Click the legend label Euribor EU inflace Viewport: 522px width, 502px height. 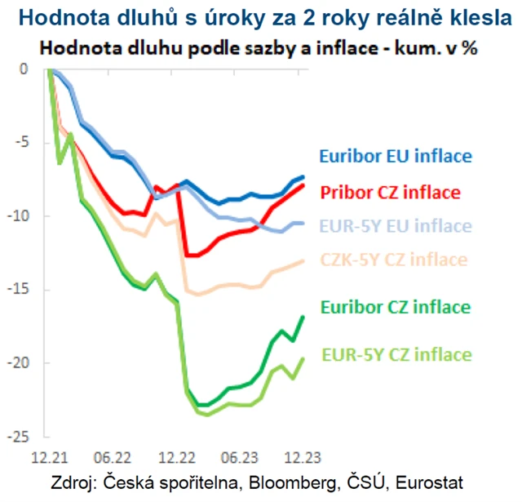[396, 156]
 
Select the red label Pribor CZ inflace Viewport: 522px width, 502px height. [391, 193]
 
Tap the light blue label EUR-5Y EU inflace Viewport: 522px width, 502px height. [396, 226]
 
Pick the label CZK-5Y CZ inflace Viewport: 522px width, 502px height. [394, 260]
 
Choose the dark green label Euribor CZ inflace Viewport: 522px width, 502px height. [396, 307]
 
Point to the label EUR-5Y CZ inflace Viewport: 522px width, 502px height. [396, 354]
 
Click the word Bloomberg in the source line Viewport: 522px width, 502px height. [299, 481]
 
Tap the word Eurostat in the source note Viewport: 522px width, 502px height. [432, 481]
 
